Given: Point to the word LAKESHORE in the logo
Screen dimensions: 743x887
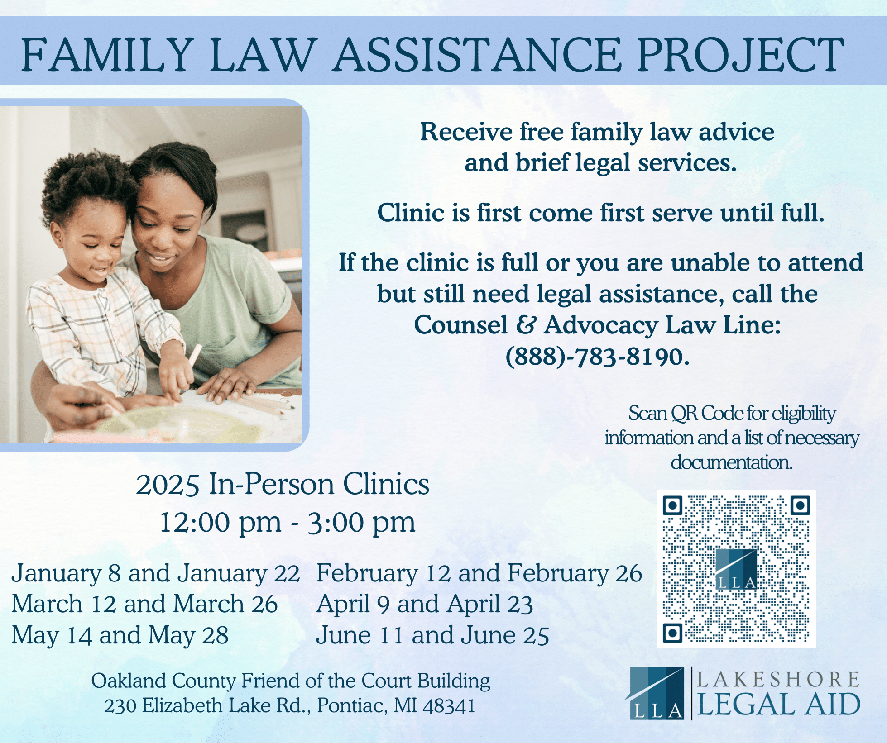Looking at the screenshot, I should point(777,679).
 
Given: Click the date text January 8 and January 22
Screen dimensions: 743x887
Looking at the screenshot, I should point(155,573).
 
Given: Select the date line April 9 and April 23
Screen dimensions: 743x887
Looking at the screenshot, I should point(424,604).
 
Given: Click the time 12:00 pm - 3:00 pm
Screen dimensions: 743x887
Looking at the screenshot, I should point(288,522).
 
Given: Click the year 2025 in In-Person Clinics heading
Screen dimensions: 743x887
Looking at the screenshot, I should point(168,485).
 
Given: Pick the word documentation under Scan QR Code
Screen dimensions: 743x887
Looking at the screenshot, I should point(732,462).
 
